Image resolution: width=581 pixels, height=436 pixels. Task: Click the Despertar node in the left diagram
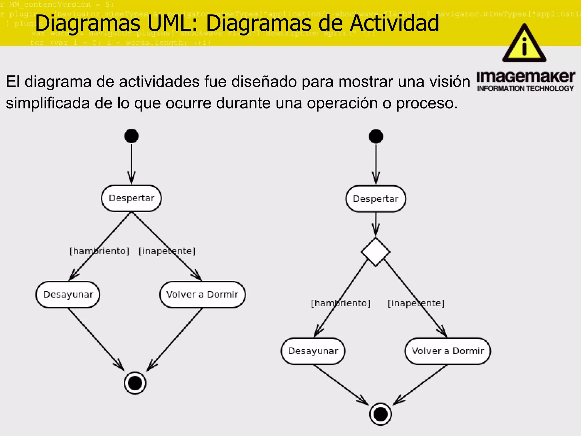click(131, 198)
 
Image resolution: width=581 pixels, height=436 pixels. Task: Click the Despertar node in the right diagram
click(376, 199)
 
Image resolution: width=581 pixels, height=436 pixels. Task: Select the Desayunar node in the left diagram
click(68, 295)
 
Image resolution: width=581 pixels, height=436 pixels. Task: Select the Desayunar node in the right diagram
click(313, 351)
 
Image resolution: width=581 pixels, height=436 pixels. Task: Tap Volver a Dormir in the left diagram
click(202, 295)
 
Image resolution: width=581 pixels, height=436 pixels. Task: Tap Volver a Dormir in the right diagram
click(448, 351)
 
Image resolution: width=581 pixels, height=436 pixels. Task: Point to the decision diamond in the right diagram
click(376, 252)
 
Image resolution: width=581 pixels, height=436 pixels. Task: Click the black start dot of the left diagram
click(131, 136)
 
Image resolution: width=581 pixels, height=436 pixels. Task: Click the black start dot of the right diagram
click(376, 136)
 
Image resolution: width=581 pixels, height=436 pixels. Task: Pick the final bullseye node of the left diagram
click(135, 383)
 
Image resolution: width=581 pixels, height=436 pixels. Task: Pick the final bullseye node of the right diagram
click(380, 414)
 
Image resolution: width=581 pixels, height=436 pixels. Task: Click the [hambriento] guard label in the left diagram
click(99, 251)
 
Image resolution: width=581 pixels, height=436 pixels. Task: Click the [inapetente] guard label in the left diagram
click(167, 251)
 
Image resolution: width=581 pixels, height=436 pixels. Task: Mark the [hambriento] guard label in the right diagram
click(341, 303)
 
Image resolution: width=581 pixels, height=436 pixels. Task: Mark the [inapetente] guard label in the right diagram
click(416, 303)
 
